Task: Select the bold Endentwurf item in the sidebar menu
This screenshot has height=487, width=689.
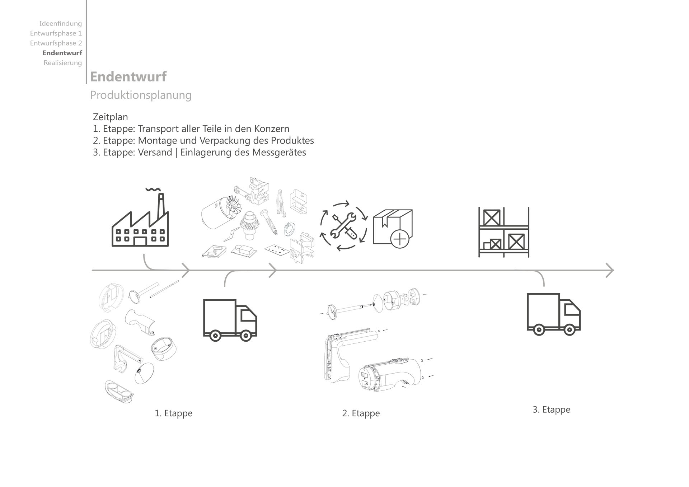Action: point(62,53)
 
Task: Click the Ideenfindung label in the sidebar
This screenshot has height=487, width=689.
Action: point(60,23)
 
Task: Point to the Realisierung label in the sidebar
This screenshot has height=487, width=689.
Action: point(62,63)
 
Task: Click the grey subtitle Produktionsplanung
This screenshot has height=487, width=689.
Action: point(141,95)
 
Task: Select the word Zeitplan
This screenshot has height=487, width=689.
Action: point(110,117)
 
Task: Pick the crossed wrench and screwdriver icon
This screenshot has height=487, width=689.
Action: point(343,226)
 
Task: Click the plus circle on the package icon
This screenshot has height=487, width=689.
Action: point(400,238)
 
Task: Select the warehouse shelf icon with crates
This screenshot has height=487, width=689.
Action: point(503,232)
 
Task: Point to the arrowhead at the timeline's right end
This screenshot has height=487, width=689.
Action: point(610,270)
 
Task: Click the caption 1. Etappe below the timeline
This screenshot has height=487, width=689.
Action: point(173,413)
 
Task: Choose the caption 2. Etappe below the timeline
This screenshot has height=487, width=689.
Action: point(361,413)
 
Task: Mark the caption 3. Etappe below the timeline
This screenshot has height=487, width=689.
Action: point(551,410)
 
